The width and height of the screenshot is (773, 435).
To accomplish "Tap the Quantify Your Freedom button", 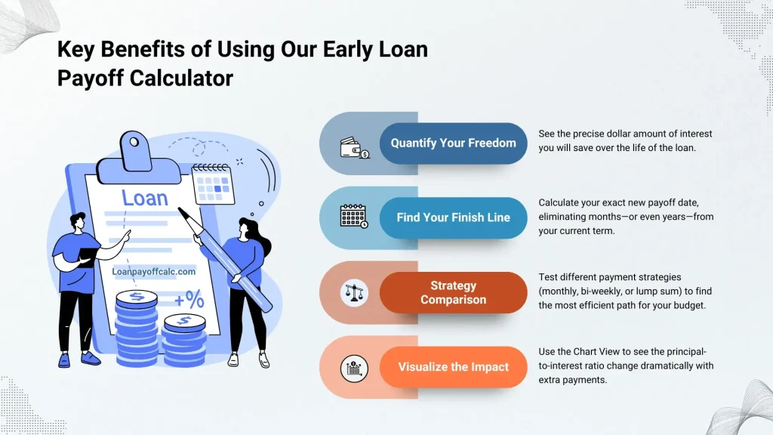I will [453, 143].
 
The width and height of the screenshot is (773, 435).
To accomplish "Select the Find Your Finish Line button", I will [453, 217].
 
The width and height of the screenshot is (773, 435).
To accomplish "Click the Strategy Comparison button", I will [453, 292].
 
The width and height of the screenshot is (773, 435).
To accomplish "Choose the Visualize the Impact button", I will [453, 367].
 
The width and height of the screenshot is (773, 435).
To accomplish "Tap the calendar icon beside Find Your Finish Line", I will [353, 217].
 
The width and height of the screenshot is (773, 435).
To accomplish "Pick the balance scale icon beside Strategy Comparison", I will [353, 292].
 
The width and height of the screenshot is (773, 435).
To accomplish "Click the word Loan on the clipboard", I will [145, 198].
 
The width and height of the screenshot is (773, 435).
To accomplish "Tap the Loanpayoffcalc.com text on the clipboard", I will [153, 270].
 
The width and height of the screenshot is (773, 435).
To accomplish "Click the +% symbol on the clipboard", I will [189, 300].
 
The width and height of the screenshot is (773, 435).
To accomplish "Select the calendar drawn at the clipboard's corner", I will [212, 184].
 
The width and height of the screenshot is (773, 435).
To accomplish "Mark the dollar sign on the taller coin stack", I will [136, 297].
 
